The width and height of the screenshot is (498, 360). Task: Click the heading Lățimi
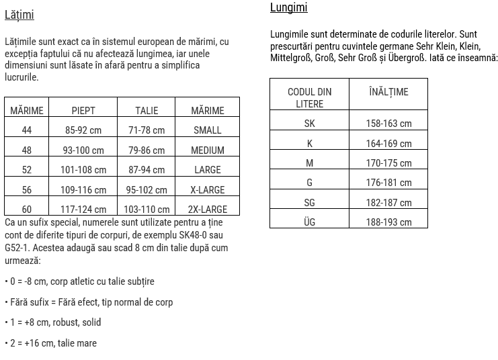pos(19,15)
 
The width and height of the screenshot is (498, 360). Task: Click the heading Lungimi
pos(288,8)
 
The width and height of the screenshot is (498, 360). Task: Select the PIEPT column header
pos(83,111)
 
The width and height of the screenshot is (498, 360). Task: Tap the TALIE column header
pos(147,111)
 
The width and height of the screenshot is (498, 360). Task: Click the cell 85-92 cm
pos(83,130)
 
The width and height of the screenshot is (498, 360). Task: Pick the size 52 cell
pos(27,170)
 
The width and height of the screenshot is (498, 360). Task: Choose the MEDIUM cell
pos(207,150)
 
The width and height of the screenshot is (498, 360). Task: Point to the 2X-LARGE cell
pos(207,210)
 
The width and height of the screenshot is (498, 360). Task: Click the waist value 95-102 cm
pos(147,190)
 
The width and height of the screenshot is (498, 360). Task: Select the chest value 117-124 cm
pos(83,210)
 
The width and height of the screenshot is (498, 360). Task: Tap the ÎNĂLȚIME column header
pos(388,92)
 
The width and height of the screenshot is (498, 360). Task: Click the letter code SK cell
pos(309,124)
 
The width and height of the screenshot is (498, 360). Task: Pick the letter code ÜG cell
pos(309,222)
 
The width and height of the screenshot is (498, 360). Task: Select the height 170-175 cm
pos(388,163)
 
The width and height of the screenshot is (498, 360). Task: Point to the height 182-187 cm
pos(388,202)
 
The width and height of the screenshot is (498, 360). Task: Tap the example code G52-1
pos(18,247)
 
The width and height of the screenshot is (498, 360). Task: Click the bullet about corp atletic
pos(79,281)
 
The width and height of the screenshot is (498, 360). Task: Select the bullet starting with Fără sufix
pos(88,302)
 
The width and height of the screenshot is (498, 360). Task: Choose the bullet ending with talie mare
pos(50,343)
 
